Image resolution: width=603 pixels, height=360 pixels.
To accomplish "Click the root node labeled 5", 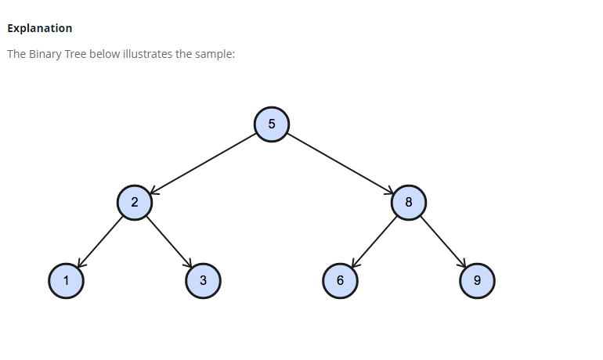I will click(x=272, y=124).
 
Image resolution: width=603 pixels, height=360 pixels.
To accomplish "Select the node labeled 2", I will click(x=135, y=203).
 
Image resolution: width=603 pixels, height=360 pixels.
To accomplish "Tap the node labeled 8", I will click(x=409, y=203).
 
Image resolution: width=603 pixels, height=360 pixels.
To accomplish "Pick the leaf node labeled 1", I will click(x=66, y=281).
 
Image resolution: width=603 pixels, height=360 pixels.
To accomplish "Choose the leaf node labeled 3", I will click(x=203, y=281).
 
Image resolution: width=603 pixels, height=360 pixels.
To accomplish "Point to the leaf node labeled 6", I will click(x=340, y=281).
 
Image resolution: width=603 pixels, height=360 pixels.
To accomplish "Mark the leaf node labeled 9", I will click(x=477, y=281).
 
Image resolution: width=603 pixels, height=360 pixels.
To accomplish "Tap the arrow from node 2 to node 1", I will click(x=100, y=242).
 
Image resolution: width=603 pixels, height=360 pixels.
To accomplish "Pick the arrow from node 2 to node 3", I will click(x=168, y=242).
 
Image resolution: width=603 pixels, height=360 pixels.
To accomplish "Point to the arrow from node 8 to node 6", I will click(x=374, y=242).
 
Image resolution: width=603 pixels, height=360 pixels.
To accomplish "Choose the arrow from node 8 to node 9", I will click(x=442, y=242).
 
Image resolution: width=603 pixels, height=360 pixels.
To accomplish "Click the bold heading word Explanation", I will click(x=39, y=28).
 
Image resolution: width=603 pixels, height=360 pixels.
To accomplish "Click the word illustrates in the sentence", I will click(x=149, y=55).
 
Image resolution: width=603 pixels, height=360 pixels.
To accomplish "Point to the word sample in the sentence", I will click(x=216, y=55).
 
